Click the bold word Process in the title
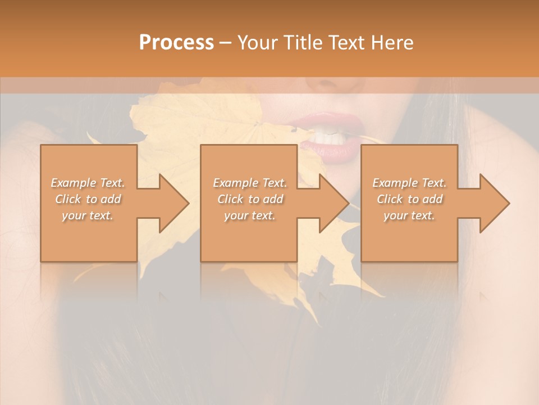(176, 43)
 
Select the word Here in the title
(392, 43)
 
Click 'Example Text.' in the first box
(88, 183)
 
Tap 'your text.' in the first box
(88, 215)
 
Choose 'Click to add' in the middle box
(250, 199)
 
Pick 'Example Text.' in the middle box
(250, 183)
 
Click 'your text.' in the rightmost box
(409, 215)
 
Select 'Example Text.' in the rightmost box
(409, 183)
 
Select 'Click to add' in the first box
(88, 199)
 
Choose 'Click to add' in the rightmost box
(409, 199)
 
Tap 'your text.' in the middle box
(250, 215)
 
